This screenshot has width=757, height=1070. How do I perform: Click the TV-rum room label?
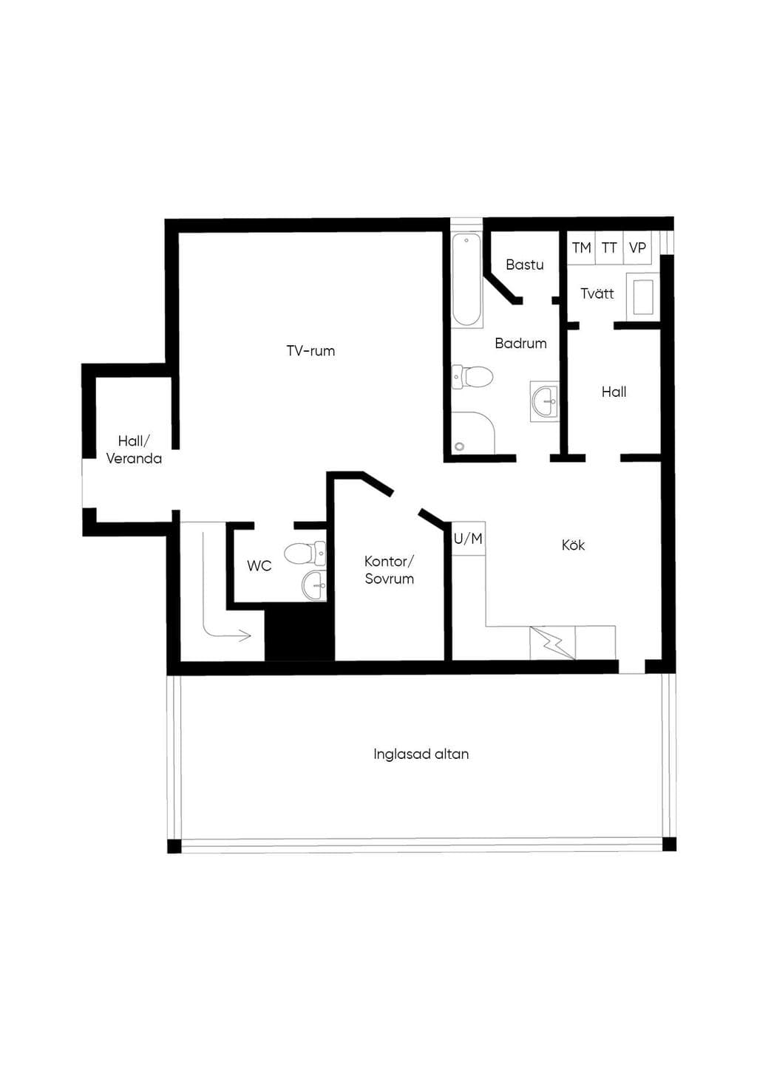(x=310, y=350)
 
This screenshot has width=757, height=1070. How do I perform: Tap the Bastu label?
(x=525, y=264)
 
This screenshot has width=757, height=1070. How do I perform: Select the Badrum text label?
(x=520, y=343)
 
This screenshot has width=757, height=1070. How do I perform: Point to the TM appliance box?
(x=582, y=248)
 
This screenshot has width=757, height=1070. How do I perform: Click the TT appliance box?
(x=609, y=248)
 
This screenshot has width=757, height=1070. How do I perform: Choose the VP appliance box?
(x=637, y=248)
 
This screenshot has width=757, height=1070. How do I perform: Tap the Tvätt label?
(x=597, y=293)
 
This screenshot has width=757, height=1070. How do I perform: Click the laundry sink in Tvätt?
(x=642, y=296)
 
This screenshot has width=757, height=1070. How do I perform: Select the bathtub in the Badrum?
(x=466, y=280)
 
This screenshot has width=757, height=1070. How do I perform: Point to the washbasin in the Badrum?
(x=544, y=401)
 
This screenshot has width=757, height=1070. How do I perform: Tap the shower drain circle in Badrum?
(x=460, y=446)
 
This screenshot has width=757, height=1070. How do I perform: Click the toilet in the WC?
(x=305, y=553)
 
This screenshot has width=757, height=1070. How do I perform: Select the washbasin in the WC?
(x=314, y=585)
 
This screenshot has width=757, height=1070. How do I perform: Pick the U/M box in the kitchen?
(x=469, y=539)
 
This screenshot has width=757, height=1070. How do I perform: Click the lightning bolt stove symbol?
(x=552, y=643)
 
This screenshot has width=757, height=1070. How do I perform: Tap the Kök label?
(x=573, y=545)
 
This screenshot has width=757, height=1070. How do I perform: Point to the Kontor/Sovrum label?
(x=389, y=570)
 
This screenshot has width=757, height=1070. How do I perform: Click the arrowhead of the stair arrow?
(x=247, y=635)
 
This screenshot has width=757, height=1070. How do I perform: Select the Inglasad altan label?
(x=421, y=754)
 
